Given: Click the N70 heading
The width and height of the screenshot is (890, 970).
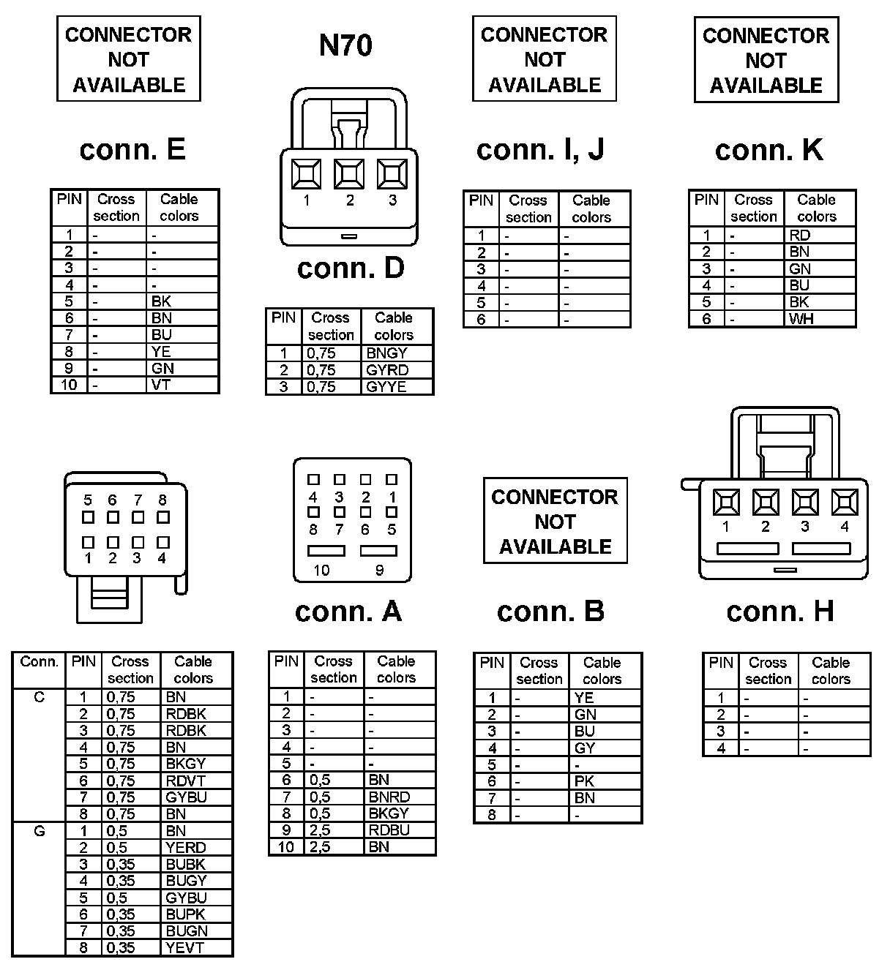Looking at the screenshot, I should pyautogui.click(x=345, y=45).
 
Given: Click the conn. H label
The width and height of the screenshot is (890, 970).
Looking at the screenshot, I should pyautogui.click(x=780, y=612).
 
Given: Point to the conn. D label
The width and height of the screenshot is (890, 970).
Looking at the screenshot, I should pyautogui.click(x=351, y=268).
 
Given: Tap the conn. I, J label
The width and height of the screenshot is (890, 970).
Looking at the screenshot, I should pyautogui.click(x=540, y=149).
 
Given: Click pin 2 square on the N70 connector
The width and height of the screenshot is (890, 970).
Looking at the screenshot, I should pyautogui.click(x=349, y=174).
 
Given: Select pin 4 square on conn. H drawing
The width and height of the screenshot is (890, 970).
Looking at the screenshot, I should pyautogui.click(x=845, y=503).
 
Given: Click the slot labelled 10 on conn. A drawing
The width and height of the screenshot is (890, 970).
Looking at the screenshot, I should pyautogui.click(x=326, y=551).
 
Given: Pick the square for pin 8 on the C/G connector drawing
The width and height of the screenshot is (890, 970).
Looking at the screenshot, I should pyautogui.click(x=163, y=517).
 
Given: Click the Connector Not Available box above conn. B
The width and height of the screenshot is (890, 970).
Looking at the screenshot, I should pyautogui.click(x=555, y=521).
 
